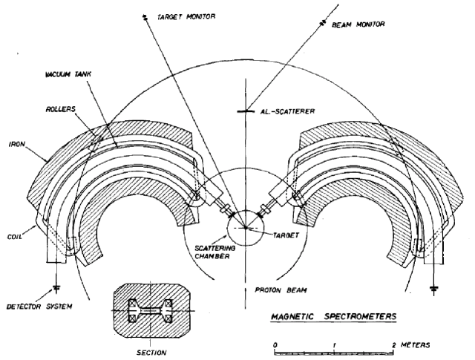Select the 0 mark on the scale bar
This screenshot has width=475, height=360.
pyautogui.click(x=275, y=344)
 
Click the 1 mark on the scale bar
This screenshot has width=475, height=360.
pyautogui.click(x=335, y=344)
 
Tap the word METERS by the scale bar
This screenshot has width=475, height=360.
pyautogui.click(x=422, y=344)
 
